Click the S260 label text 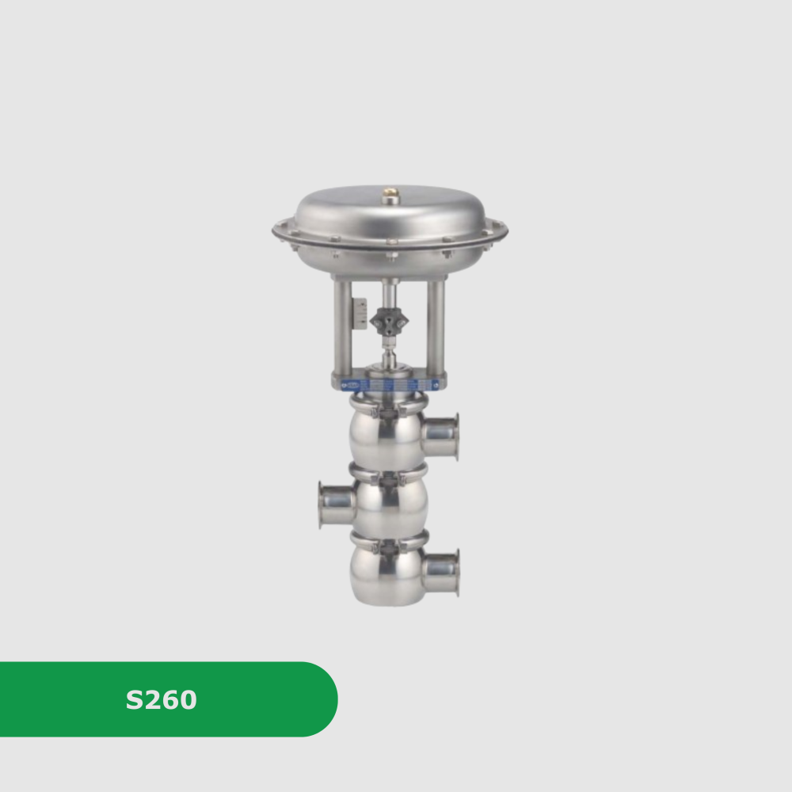(x=161, y=699)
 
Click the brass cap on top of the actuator (x=390, y=195)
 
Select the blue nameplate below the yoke (x=390, y=386)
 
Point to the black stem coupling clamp (x=389, y=321)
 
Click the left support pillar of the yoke (x=342, y=326)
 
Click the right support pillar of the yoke (x=436, y=326)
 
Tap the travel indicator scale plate (x=360, y=314)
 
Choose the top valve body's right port (x=440, y=436)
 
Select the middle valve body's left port (x=337, y=505)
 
